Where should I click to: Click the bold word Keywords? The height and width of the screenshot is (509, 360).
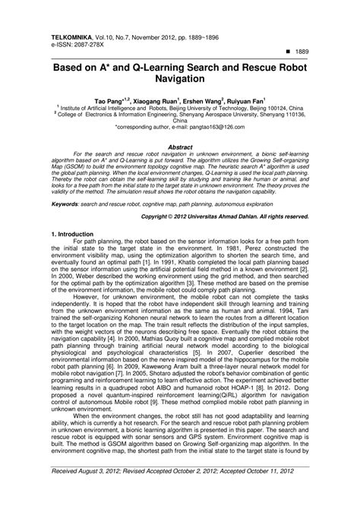coord(68,204)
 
